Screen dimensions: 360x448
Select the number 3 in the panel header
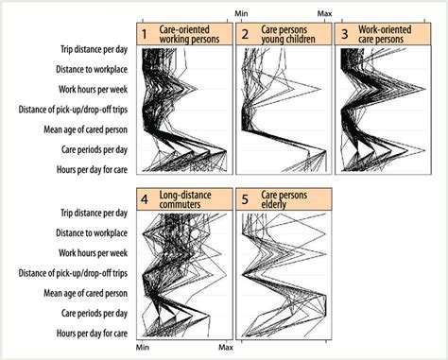tap(344, 35)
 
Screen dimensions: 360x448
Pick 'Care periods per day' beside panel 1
tap(96, 149)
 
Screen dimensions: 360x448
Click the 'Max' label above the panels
tap(325, 13)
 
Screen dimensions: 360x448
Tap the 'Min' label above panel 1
tap(240, 13)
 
